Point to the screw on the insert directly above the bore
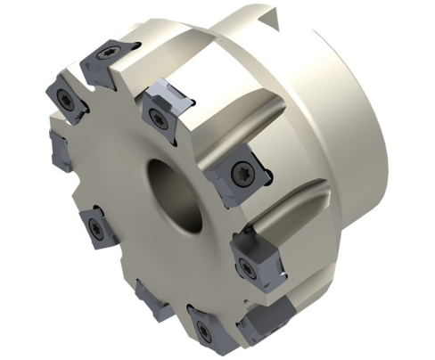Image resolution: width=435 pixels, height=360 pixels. click(158, 116)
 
